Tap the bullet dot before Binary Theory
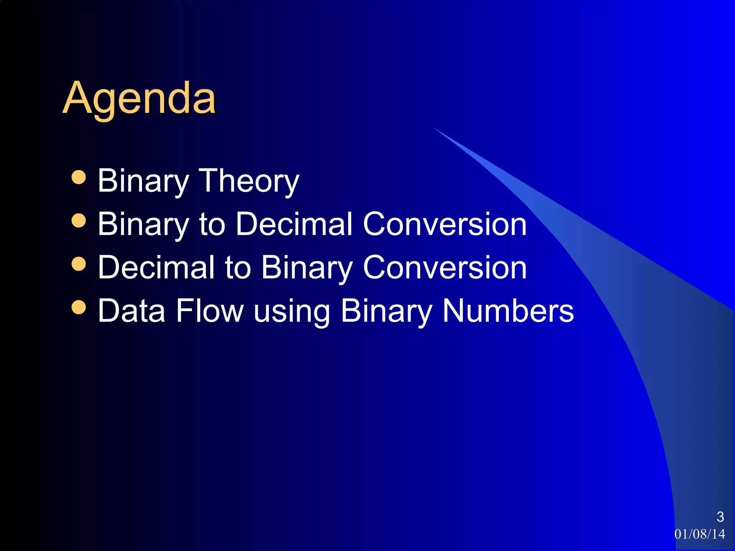click(79, 177)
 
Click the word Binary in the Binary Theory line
click(143, 182)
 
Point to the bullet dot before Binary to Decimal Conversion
click(79, 221)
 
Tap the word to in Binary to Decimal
click(212, 225)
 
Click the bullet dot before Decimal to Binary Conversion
click(79, 264)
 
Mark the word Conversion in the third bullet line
click(445, 268)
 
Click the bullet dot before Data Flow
click(79, 307)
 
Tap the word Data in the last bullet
click(131, 311)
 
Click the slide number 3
click(720, 517)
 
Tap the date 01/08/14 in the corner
click(699, 534)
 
